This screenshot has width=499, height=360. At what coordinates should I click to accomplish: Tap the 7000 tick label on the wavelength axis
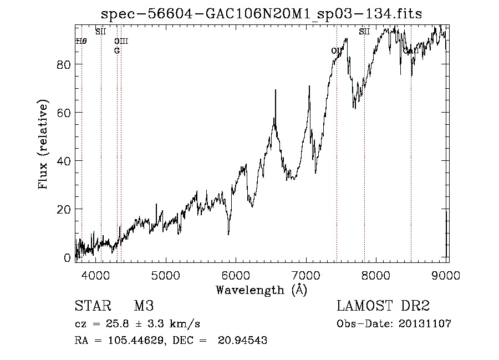pos(307,275)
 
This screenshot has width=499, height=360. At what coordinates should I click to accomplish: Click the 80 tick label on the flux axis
pos(64,64)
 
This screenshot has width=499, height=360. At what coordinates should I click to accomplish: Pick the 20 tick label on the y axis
pos(64,209)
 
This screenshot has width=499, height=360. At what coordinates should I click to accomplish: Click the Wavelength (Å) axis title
pos(261,290)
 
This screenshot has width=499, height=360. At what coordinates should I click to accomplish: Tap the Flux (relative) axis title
pos(43,144)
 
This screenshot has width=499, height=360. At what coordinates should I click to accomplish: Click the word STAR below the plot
pos(92,307)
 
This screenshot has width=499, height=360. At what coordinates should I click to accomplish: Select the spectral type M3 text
pos(144,307)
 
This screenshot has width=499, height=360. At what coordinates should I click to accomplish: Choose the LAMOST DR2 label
pos(383,307)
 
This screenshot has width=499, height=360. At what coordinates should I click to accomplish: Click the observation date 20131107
pos(425,323)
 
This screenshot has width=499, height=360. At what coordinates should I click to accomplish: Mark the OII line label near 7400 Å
pos(337,51)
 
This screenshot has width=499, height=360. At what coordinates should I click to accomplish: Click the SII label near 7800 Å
pos(364,32)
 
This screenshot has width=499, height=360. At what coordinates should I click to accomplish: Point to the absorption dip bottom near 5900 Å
pos(228,234)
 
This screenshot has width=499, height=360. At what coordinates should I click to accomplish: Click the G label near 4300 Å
pos(117,50)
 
